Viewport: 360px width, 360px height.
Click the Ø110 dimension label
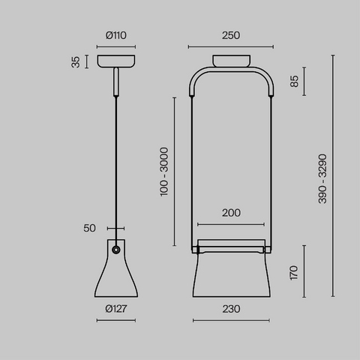[x=115, y=35]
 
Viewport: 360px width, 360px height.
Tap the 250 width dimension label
[x=231, y=35]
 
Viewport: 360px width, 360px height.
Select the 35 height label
[x=76, y=62]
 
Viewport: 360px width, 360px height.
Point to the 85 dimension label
[x=294, y=81]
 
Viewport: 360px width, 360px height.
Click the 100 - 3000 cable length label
[x=164, y=172]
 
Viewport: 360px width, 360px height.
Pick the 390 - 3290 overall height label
[x=322, y=178]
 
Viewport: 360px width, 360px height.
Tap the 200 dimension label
[x=231, y=213]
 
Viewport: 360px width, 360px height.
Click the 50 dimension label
[x=89, y=228]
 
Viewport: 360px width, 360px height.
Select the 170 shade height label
[x=294, y=273]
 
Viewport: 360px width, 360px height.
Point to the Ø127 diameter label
[x=116, y=309]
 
